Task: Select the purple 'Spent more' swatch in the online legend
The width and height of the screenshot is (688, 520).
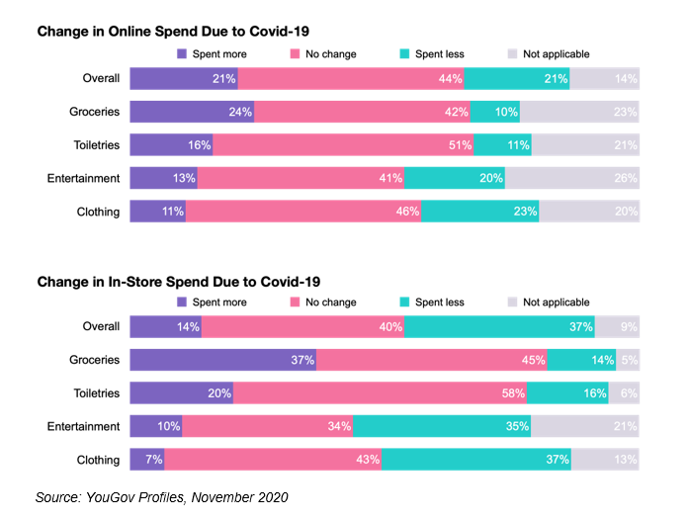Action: [182, 54]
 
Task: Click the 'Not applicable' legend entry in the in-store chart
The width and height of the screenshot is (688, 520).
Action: [556, 303]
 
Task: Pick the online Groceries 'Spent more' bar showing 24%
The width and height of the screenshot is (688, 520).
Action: [192, 112]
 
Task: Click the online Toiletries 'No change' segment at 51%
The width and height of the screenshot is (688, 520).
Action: [343, 145]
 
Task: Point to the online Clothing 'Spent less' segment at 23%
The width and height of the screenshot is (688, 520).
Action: [479, 212]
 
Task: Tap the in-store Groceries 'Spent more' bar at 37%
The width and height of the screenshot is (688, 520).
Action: [222, 361]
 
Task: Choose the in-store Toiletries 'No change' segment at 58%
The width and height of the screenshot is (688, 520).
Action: [380, 393]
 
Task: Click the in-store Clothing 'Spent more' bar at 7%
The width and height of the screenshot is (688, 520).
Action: [146, 460]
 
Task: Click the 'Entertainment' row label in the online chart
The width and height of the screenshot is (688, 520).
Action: [84, 179]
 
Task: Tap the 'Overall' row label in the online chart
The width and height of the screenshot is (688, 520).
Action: [102, 79]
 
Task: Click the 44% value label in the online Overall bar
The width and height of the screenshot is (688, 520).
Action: [450, 79]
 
